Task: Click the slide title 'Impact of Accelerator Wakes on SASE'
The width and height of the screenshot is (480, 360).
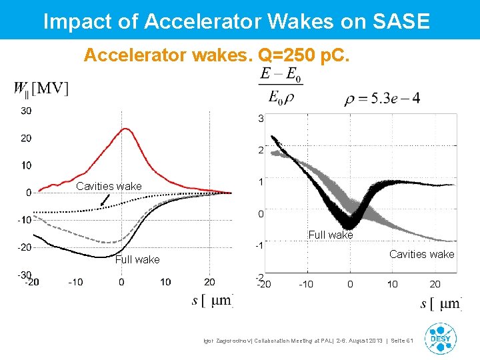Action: (236, 21)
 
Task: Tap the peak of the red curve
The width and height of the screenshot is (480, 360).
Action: (124, 129)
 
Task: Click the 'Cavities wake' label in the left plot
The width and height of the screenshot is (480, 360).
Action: (109, 186)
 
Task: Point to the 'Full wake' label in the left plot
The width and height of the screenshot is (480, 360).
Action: (137, 259)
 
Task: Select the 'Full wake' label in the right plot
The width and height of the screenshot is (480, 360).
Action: (331, 235)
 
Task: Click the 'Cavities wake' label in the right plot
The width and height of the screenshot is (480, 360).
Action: (421, 254)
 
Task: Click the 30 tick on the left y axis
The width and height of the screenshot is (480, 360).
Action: (25, 111)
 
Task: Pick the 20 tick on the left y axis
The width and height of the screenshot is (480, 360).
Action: (25, 138)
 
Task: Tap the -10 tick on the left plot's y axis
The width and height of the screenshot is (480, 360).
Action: (24, 220)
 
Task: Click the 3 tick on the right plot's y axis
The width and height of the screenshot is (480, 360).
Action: (261, 119)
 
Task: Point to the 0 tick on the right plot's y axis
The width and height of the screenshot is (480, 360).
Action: (261, 213)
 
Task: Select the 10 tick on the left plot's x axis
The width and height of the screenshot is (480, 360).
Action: (165, 282)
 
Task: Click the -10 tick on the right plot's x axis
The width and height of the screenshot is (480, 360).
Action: (306, 284)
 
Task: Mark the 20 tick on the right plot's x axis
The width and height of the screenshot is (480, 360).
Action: (435, 284)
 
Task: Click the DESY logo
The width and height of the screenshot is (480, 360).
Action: (441, 338)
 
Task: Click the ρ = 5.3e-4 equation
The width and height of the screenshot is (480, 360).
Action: (382, 99)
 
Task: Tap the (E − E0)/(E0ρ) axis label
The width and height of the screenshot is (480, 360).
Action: (280, 85)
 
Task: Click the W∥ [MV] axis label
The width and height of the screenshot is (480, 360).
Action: (41, 88)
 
